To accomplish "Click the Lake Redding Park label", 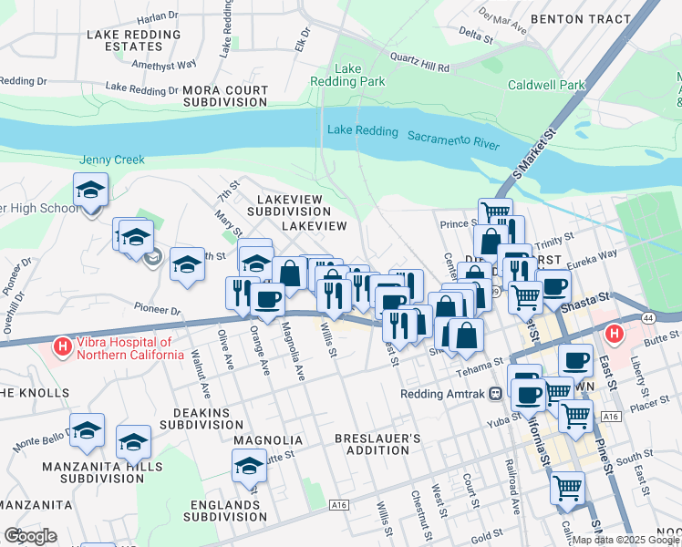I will [360, 75].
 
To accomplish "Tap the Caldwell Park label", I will [546, 85].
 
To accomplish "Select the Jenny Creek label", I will [112, 160].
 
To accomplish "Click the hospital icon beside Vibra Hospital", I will [62, 346].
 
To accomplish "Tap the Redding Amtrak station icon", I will [495, 394].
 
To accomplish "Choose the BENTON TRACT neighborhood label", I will [593, 18].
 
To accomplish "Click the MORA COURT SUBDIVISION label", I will [225, 97].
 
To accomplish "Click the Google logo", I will [30, 536].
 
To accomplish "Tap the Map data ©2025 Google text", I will [625, 540].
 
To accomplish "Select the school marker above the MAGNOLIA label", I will [249, 467].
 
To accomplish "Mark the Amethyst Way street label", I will [164, 65].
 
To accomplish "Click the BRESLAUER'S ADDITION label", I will [377, 444].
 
